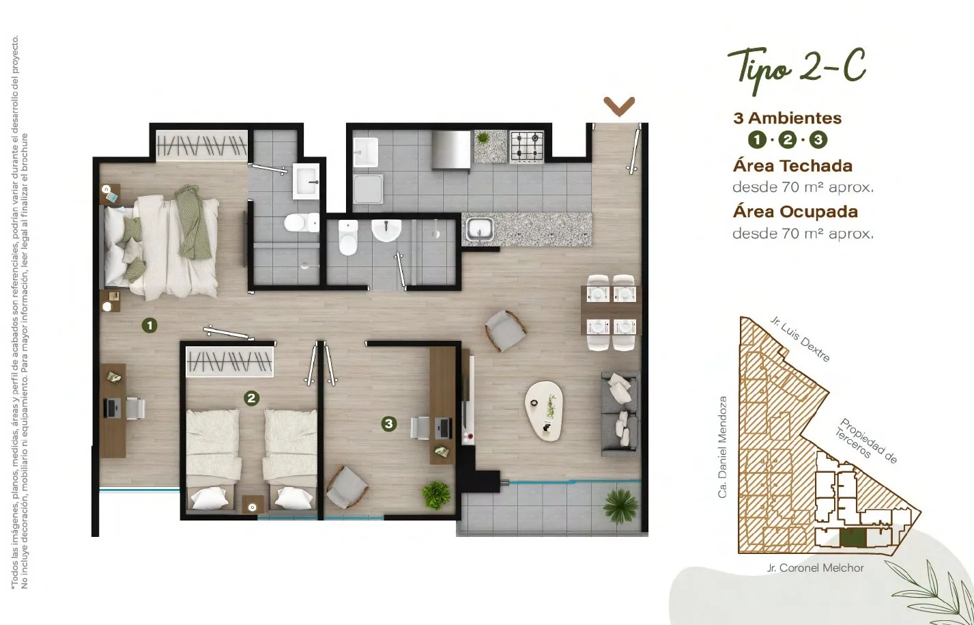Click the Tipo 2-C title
(x=797, y=70)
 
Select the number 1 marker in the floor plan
(x=149, y=325)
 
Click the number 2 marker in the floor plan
(x=251, y=398)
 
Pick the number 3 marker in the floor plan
(x=389, y=423)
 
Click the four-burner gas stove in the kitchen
(x=526, y=146)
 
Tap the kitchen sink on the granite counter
(x=480, y=230)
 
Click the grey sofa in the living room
(x=619, y=414)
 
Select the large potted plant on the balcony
(x=620, y=505)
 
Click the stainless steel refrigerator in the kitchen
(x=451, y=150)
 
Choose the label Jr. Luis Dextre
(x=800, y=339)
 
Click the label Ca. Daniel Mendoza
(x=722, y=447)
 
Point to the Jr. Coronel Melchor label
(x=815, y=568)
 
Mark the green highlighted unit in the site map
(x=853, y=538)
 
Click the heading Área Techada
(x=792, y=166)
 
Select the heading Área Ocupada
(x=795, y=212)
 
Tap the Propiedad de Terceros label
(x=866, y=441)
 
